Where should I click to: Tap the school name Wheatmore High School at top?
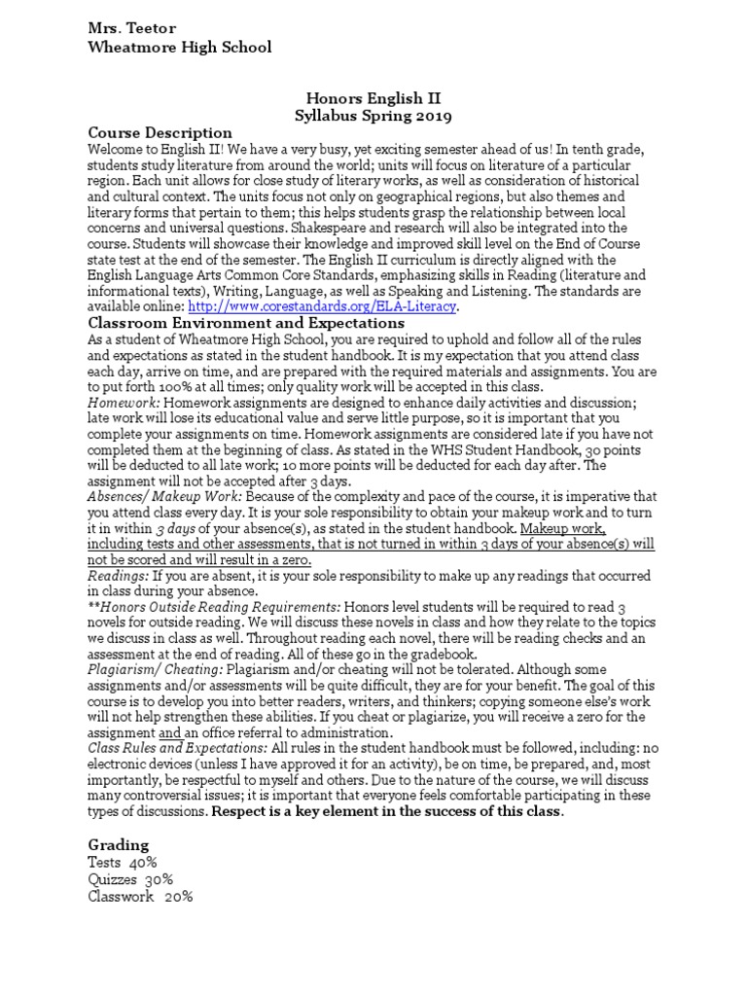coord(180,47)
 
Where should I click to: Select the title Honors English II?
coord(373,98)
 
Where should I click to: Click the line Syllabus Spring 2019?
coord(373,116)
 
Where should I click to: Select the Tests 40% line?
coord(122,863)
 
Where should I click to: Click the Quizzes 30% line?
coord(130,879)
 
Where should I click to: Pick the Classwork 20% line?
coord(140,897)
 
